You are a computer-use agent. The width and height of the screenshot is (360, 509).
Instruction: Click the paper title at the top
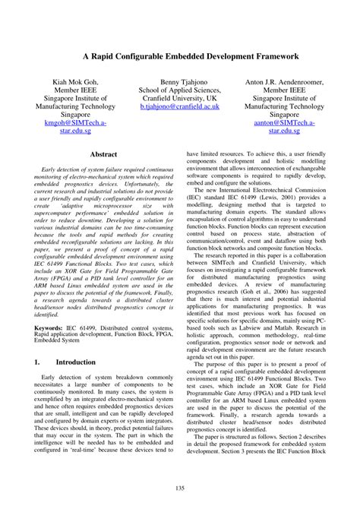[180, 55]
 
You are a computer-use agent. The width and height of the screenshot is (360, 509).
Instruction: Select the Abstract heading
[104, 154]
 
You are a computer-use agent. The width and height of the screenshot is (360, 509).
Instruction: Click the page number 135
[180, 487]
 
